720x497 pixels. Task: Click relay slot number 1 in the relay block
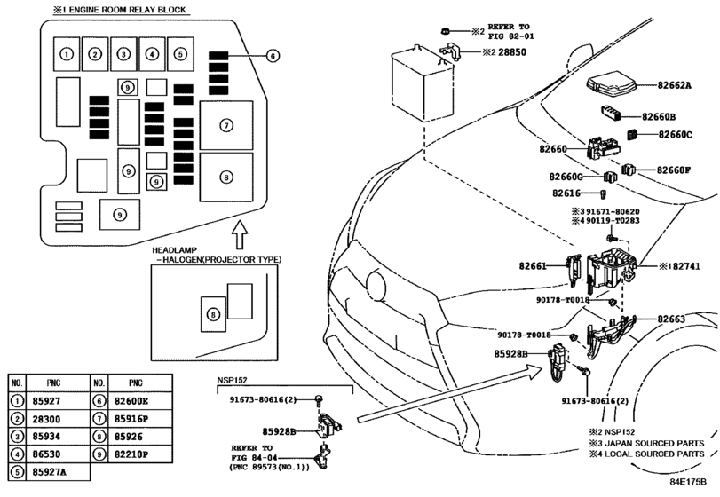(x=67, y=54)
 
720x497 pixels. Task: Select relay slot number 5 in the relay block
(x=180, y=54)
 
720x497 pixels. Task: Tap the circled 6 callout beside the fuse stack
(x=273, y=56)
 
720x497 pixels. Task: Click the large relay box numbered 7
(x=226, y=125)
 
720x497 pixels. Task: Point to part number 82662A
(x=674, y=85)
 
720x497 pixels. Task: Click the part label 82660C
(x=675, y=135)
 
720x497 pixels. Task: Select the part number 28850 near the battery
(x=512, y=52)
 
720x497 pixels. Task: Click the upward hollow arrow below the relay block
(x=240, y=234)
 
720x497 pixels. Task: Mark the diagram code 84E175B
(x=687, y=482)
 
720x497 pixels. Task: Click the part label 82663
(x=671, y=319)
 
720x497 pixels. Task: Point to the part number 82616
(x=566, y=193)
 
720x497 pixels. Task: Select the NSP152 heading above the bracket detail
(x=232, y=380)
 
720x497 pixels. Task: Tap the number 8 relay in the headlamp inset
(x=213, y=314)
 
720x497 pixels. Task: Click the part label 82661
(x=533, y=265)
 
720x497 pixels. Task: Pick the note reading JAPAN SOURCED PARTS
(x=654, y=444)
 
